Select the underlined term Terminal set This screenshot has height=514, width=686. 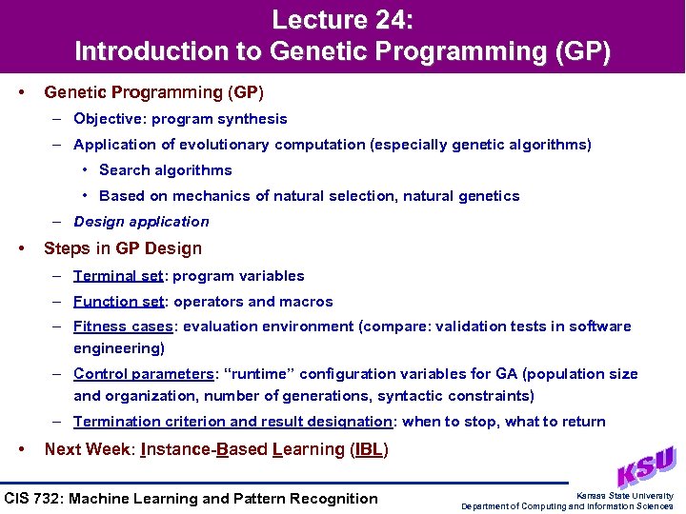[x=118, y=276]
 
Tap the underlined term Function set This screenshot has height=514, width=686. [x=119, y=302]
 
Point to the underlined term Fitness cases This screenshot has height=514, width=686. [x=123, y=326]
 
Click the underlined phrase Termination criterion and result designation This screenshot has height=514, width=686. [x=232, y=422]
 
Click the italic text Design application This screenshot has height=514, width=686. [x=141, y=222]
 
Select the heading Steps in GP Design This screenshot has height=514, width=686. [x=123, y=248]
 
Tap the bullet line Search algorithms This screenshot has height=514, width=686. [x=165, y=170]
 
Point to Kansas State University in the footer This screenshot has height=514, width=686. [x=625, y=495]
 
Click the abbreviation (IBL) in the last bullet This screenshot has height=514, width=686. [x=370, y=449]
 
